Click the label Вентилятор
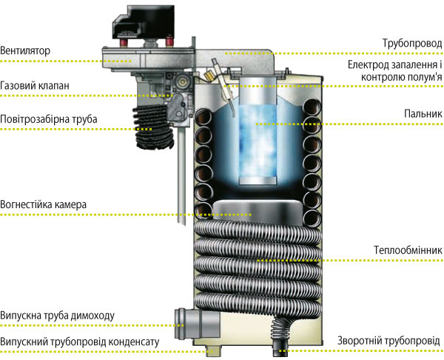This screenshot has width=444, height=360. click(25, 50)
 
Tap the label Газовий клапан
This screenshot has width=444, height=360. click(35, 85)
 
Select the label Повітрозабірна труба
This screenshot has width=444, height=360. click(49, 119)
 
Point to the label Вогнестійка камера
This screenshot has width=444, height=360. click(44, 204)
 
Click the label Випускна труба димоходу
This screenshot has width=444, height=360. click(58, 316)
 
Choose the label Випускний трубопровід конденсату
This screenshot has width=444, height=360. click(80, 342)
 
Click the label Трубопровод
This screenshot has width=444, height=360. click(412, 44)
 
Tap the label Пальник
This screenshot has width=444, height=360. click(423, 113)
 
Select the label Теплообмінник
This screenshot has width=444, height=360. click(408, 250)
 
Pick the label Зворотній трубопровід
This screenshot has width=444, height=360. click(388, 341)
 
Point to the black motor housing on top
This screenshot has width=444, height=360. click(144, 22)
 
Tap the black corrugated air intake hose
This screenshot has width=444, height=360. click(153, 127)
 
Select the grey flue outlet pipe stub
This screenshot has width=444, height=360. click(197, 324)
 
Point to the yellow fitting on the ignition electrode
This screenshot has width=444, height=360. click(209, 75)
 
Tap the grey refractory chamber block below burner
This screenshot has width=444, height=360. click(257, 213)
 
